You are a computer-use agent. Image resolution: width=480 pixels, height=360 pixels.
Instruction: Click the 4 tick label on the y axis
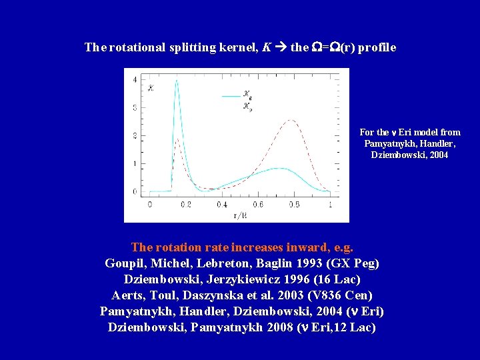(x=135, y=79)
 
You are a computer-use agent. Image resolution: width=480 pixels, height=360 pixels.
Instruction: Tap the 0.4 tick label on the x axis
(x=221, y=205)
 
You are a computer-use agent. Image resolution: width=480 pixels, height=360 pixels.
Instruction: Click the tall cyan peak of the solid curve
(x=177, y=81)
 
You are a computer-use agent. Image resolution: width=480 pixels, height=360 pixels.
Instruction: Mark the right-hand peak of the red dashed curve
(x=291, y=120)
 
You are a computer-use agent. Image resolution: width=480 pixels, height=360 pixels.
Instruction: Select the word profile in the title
(x=377, y=47)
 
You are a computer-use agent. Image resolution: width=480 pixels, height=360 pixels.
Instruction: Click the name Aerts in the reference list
(x=127, y=295)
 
